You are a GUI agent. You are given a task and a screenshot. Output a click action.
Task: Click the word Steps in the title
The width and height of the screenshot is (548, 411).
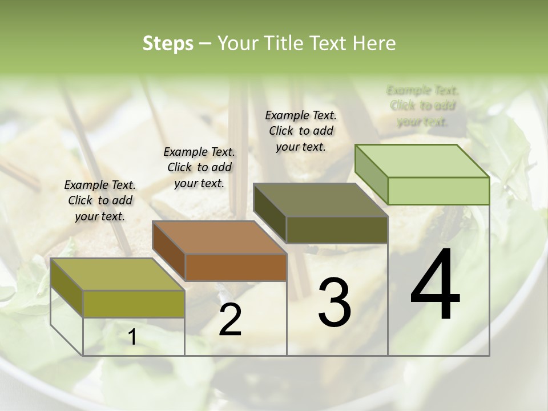(168, 43)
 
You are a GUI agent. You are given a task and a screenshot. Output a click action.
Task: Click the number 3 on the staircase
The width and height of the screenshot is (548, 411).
(335, 303)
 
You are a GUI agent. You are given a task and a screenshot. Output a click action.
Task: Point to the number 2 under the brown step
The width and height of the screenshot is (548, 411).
(230, 320)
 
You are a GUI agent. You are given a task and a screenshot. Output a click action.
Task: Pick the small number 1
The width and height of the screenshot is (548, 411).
(132, 337)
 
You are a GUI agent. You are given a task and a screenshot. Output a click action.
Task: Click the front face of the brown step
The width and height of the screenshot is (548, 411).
(236, 267)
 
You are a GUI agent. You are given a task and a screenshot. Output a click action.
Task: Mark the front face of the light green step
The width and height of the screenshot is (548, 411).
(438, 191)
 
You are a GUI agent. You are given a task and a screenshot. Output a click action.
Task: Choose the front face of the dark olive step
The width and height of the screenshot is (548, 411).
(337, 229)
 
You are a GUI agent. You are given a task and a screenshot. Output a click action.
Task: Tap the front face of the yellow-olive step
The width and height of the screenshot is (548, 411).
(134, 304)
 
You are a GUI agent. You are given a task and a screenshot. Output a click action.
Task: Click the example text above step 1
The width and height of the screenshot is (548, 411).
(100, 200)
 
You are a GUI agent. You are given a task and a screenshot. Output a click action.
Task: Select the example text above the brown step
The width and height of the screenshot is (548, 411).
(199, 167)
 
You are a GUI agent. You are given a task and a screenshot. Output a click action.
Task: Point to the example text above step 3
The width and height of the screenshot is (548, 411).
(301, 131)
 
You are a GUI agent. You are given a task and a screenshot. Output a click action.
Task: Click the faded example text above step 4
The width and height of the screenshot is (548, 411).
(422, 106)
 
